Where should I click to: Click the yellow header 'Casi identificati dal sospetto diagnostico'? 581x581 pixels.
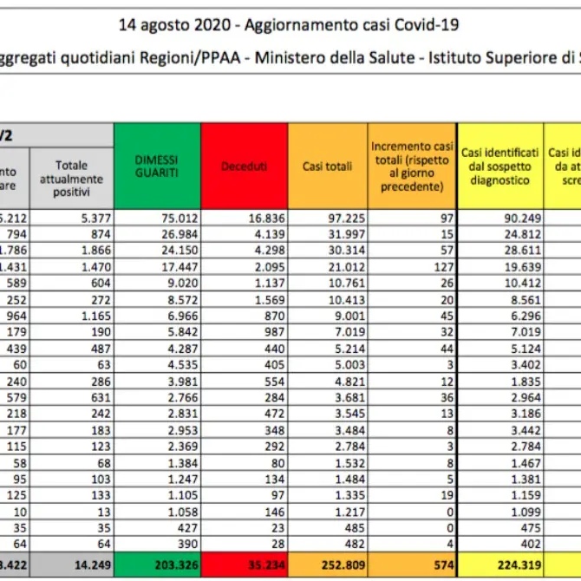click(500, 166)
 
